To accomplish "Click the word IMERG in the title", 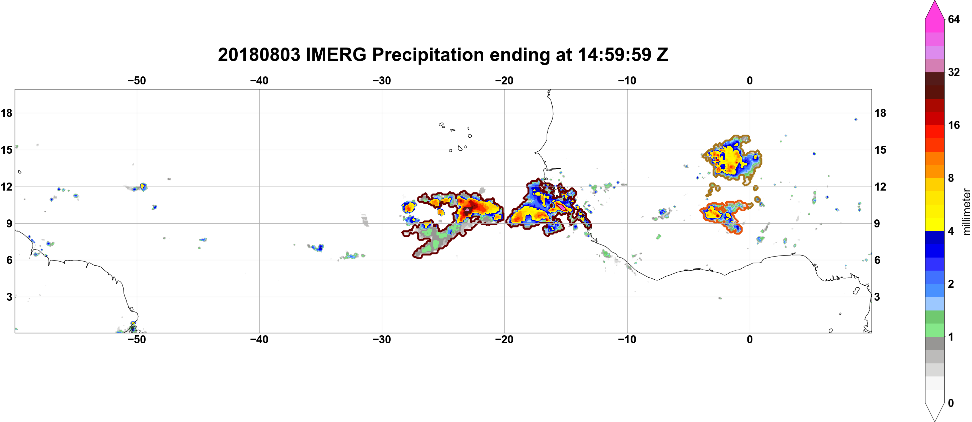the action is click(336, 55).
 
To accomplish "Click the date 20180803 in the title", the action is click(259, 55).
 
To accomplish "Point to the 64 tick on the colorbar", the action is click(954, 19).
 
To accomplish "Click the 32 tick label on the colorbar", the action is click(954, 72).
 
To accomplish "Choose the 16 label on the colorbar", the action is click(954, 125).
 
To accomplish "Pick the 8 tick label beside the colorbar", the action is click(951, 178).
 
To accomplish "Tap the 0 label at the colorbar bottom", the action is click(951, 403).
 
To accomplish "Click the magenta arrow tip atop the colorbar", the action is click(934, 2).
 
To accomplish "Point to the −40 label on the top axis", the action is click(259, 80).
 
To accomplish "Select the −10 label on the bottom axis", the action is click(627, 340).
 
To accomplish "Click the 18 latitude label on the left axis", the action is click(6, 113).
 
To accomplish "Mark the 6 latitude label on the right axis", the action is click(877, 260).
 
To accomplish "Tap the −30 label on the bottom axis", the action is click(382, 340).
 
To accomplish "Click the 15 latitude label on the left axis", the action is click(6, 150).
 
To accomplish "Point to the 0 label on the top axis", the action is click(750, 80).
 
